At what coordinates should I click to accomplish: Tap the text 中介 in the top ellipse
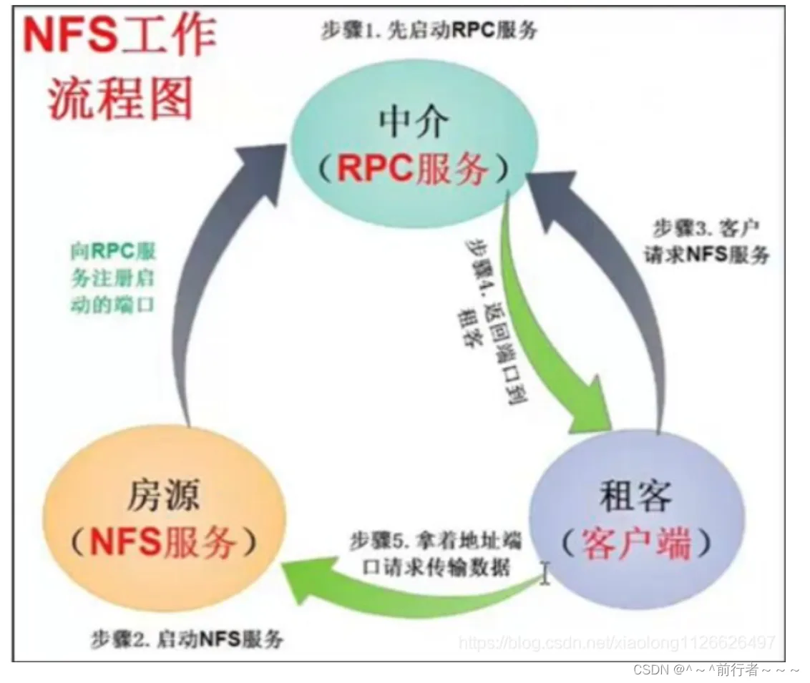(x=413, y=124)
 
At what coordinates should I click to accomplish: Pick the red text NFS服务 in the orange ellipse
(x=164, y=544)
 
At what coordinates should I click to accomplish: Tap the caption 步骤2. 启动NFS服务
(x=187, y=639)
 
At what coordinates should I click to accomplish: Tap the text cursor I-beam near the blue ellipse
(x=545, y=572)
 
